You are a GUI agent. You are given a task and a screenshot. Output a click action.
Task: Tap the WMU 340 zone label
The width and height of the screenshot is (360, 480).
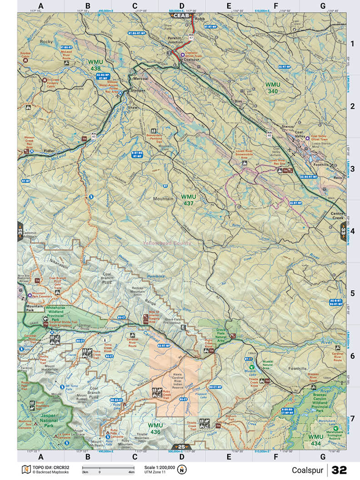[273, 88]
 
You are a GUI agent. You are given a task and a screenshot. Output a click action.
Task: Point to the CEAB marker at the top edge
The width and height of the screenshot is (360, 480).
[181, 15]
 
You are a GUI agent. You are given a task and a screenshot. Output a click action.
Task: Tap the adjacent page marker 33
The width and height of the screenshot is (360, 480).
[343, 230]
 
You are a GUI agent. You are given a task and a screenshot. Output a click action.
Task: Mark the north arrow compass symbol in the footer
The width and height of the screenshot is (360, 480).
[182, 470]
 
